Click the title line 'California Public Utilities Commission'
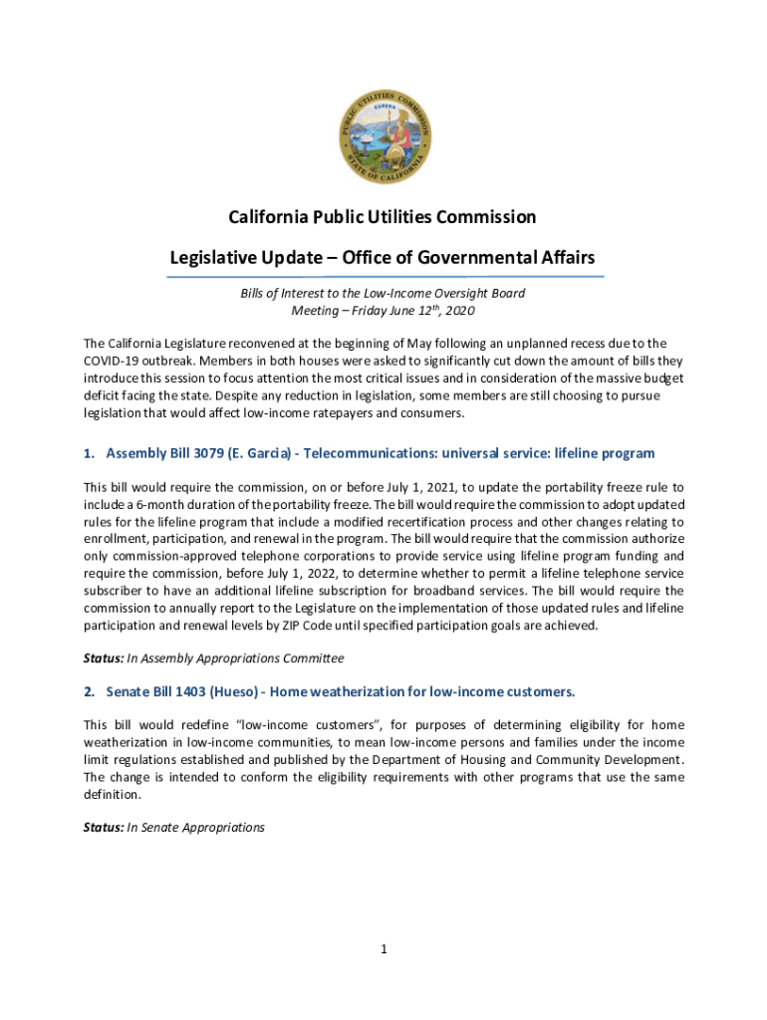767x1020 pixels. pos(383,217)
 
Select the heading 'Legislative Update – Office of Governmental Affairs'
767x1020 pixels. pos(383,258)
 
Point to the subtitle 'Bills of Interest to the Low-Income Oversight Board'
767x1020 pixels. pos(383,294)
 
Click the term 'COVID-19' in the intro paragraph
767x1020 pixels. pos(114,361)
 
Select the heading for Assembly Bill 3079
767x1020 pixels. pos(370,453)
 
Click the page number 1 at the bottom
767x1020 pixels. pos(383,949)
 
